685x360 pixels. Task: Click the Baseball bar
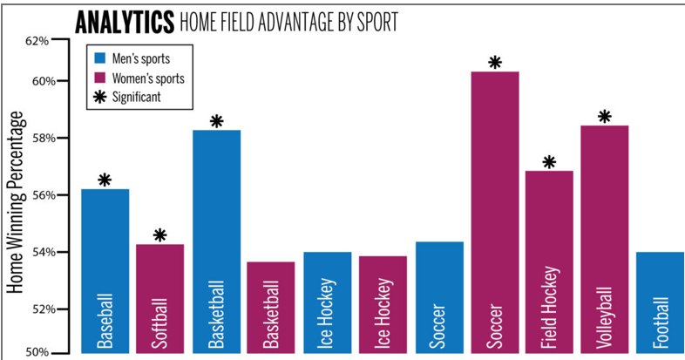105,270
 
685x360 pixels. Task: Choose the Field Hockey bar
549,262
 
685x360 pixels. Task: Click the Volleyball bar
604,239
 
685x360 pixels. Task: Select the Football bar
660,302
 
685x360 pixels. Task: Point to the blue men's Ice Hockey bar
327,302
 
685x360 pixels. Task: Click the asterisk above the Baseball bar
105,180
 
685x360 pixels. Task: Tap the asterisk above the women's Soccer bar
495,63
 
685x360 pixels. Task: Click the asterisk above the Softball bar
159,235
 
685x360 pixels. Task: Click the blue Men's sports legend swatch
100,58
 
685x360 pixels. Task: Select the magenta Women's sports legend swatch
100,78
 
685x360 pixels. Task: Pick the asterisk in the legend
100,97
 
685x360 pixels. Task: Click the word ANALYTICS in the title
124,22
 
